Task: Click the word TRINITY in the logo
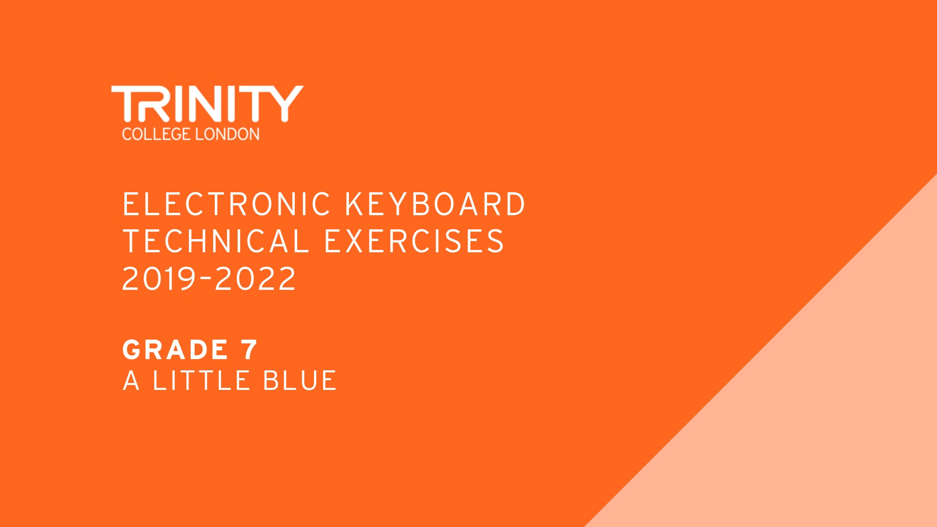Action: (x=207, y=103)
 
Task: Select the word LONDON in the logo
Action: (x=227, y=134)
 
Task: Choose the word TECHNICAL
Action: (x=216, y=241)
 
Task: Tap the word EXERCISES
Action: (x=414, y=241)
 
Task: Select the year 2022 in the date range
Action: (x=255, y=279)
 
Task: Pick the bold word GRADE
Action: (x=175, y=349)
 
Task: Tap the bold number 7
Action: (x=249, y=349)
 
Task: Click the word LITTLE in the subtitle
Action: (x=201, y=381)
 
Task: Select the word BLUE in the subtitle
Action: (x=300, y=381)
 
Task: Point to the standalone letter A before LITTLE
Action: (x=131, y=381)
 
